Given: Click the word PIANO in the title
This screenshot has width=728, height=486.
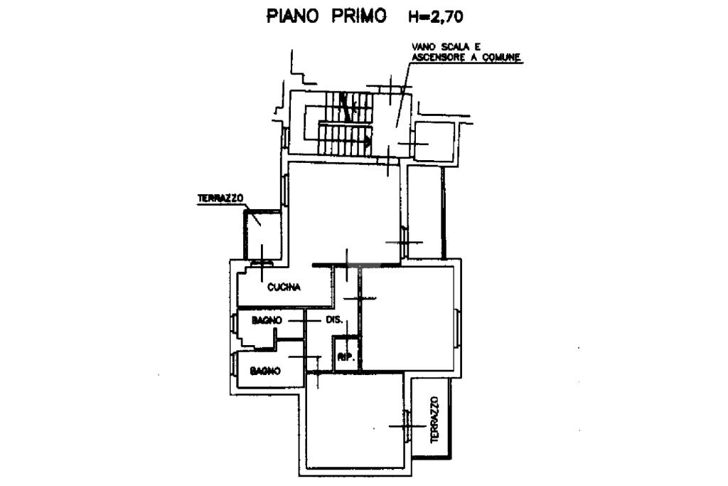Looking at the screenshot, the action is [x=292, y=16].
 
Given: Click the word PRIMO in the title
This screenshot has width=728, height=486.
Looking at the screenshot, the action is [x=359, y=16].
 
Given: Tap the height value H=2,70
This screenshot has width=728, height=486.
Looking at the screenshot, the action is [x=436, y=17].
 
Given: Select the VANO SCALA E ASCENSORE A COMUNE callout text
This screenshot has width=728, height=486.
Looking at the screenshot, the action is [x=466, y=52].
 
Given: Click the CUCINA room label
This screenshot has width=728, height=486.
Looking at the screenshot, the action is [x=284, y=287].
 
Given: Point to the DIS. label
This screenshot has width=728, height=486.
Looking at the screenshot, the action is [x=334, y=319].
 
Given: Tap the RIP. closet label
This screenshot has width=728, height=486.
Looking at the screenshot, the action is [x=346, y=357].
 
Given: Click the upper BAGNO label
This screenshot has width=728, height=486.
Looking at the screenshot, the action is [x=267, y=320].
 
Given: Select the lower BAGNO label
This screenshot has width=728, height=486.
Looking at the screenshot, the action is [x=265, y=371].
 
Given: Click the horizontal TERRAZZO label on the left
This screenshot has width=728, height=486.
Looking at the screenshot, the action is [x=220, y=198].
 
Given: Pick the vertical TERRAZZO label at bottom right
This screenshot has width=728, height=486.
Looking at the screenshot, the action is [x=434, y=419].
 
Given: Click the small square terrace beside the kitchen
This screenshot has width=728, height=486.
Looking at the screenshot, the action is [x=263, y=235].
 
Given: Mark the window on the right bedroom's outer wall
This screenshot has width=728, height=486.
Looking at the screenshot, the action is [x=457, y=327].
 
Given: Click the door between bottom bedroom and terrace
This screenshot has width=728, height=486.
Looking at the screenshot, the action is [x=407, y=426].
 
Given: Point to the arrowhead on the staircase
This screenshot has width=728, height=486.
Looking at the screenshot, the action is [x=369, y=140].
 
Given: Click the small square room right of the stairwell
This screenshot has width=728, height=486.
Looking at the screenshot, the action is [x=434, y=142].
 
